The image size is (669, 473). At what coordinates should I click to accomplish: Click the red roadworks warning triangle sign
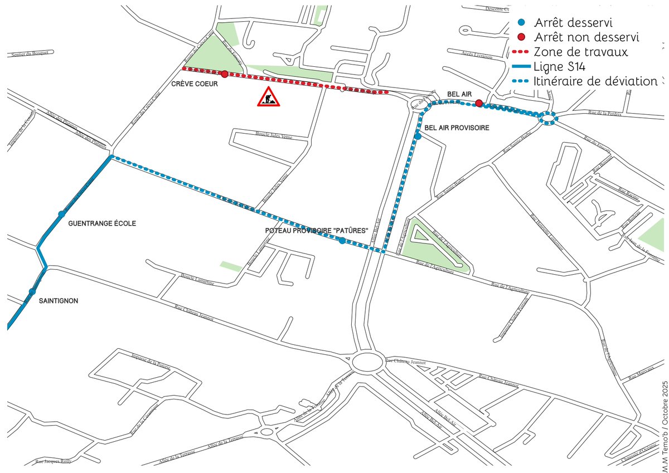point(269,97)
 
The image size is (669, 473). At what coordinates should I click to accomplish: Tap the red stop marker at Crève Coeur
point(224,74)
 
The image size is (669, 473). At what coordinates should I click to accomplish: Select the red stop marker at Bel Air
point(478,103)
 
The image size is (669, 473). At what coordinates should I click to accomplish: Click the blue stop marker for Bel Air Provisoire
point(418,136)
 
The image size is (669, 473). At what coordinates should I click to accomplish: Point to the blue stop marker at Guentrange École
point(61,214)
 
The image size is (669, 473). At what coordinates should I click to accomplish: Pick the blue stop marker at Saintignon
point(32,291)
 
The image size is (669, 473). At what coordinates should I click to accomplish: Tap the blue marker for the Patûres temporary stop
point(342,241)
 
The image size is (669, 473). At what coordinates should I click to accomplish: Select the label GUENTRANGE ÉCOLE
point(101,223)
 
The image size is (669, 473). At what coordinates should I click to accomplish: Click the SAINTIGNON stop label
point(59,301)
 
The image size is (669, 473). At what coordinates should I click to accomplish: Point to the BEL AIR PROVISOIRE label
point(457,128)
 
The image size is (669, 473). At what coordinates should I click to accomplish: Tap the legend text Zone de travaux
point(581,52)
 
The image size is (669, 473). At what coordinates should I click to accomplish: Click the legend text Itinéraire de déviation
point(595,81)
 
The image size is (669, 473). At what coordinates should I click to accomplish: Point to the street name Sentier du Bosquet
point(32,53)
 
